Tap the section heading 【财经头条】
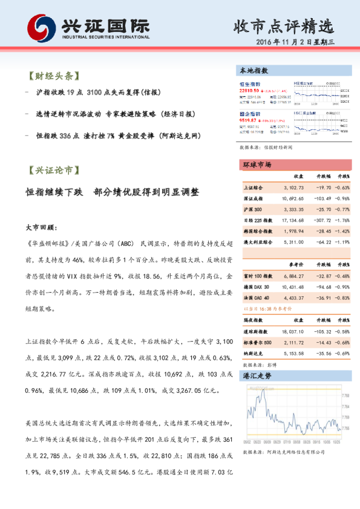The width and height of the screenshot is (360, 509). click(x=54, y=77)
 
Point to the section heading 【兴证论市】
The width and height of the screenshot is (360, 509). click(x=54, y=170)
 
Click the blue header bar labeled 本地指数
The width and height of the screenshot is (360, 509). click(x=295, y=71)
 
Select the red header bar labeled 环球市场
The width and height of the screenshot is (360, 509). click(x=295, y=164)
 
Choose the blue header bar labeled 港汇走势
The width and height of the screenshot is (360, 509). click(x=295, y=376)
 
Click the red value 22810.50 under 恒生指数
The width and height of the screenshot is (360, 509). click(x=250, y=89)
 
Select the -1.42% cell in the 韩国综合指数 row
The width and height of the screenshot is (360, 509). click(x=343, y=231)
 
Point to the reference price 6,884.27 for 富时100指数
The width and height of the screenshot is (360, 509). click(x=293, y=276)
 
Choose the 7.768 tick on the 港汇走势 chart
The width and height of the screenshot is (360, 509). click(x=345, y=395)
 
